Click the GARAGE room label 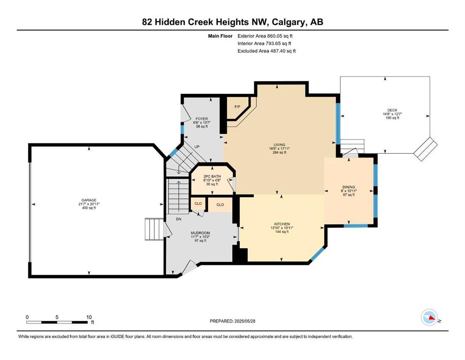click(89, 200)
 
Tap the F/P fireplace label click(237, 107)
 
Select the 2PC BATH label click(212, 176)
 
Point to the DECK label click(392, 110)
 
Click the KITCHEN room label click(282, 224)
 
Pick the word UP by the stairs click(197, 147)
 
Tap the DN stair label click(178, 219)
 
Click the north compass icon click(429, 317)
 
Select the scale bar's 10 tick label click(89, 317)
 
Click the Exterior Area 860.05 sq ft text click(265, 36)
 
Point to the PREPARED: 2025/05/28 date click(232, 321)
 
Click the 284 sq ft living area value click(280, 152)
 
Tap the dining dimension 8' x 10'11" click(349, 191)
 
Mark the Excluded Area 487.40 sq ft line click(266, 51)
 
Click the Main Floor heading click(220, 36)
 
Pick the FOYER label click(202, 119)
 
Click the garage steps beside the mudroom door click(154, 229)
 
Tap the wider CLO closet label click(220, 205)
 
